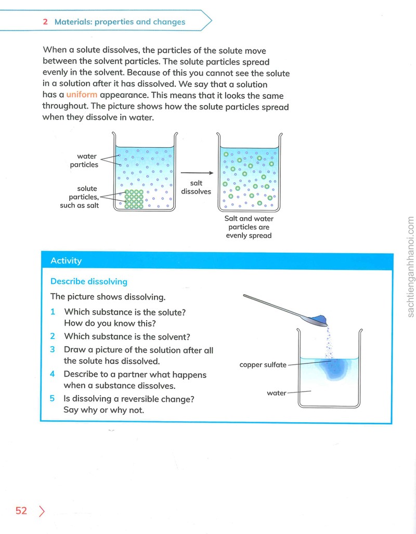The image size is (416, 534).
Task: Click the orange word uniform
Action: pyautogui.click(x=82, y=95)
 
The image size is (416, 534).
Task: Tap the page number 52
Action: pyautogui.click(x=21, y=511)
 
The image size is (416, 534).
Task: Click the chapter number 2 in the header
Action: pyautogui.click(x=45, y=22)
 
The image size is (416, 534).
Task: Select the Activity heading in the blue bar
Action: pyautogui.click(x=66, y=261)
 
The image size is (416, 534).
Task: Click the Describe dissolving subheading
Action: pyautogui.click(x=89, y=282)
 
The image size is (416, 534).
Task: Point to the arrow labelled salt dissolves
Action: pyautogui.click(x=197, y=173)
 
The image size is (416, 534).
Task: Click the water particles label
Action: pyautogui.click(x=84, y=160)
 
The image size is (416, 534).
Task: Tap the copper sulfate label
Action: pyautogui.click(x=263, y=364)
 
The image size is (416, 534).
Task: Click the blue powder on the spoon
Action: pyautogui.click(x=319, y=319)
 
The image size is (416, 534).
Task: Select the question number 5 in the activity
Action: pyautogui.click(x=52, y=398)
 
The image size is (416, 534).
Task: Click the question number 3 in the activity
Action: pyautogui.click(x=52, y=349)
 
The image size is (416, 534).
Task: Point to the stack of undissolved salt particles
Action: pyautogui.click(x=134, y=199)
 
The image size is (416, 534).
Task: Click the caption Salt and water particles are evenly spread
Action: pyautogui.click(x=249, y=227)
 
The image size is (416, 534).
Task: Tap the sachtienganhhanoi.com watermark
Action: pyautogui.click(x=410, y=267)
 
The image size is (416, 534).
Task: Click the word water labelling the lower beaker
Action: pyautogui.click(x=277, y=393)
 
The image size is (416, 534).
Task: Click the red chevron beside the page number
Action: pyautogui.click(x=42, y=511)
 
